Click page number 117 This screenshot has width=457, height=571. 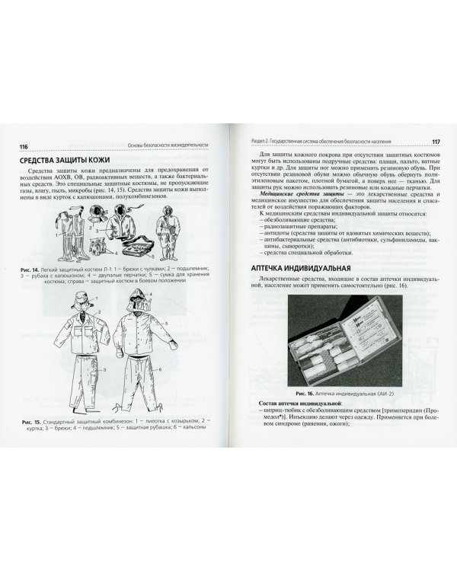tap(434, 142)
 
